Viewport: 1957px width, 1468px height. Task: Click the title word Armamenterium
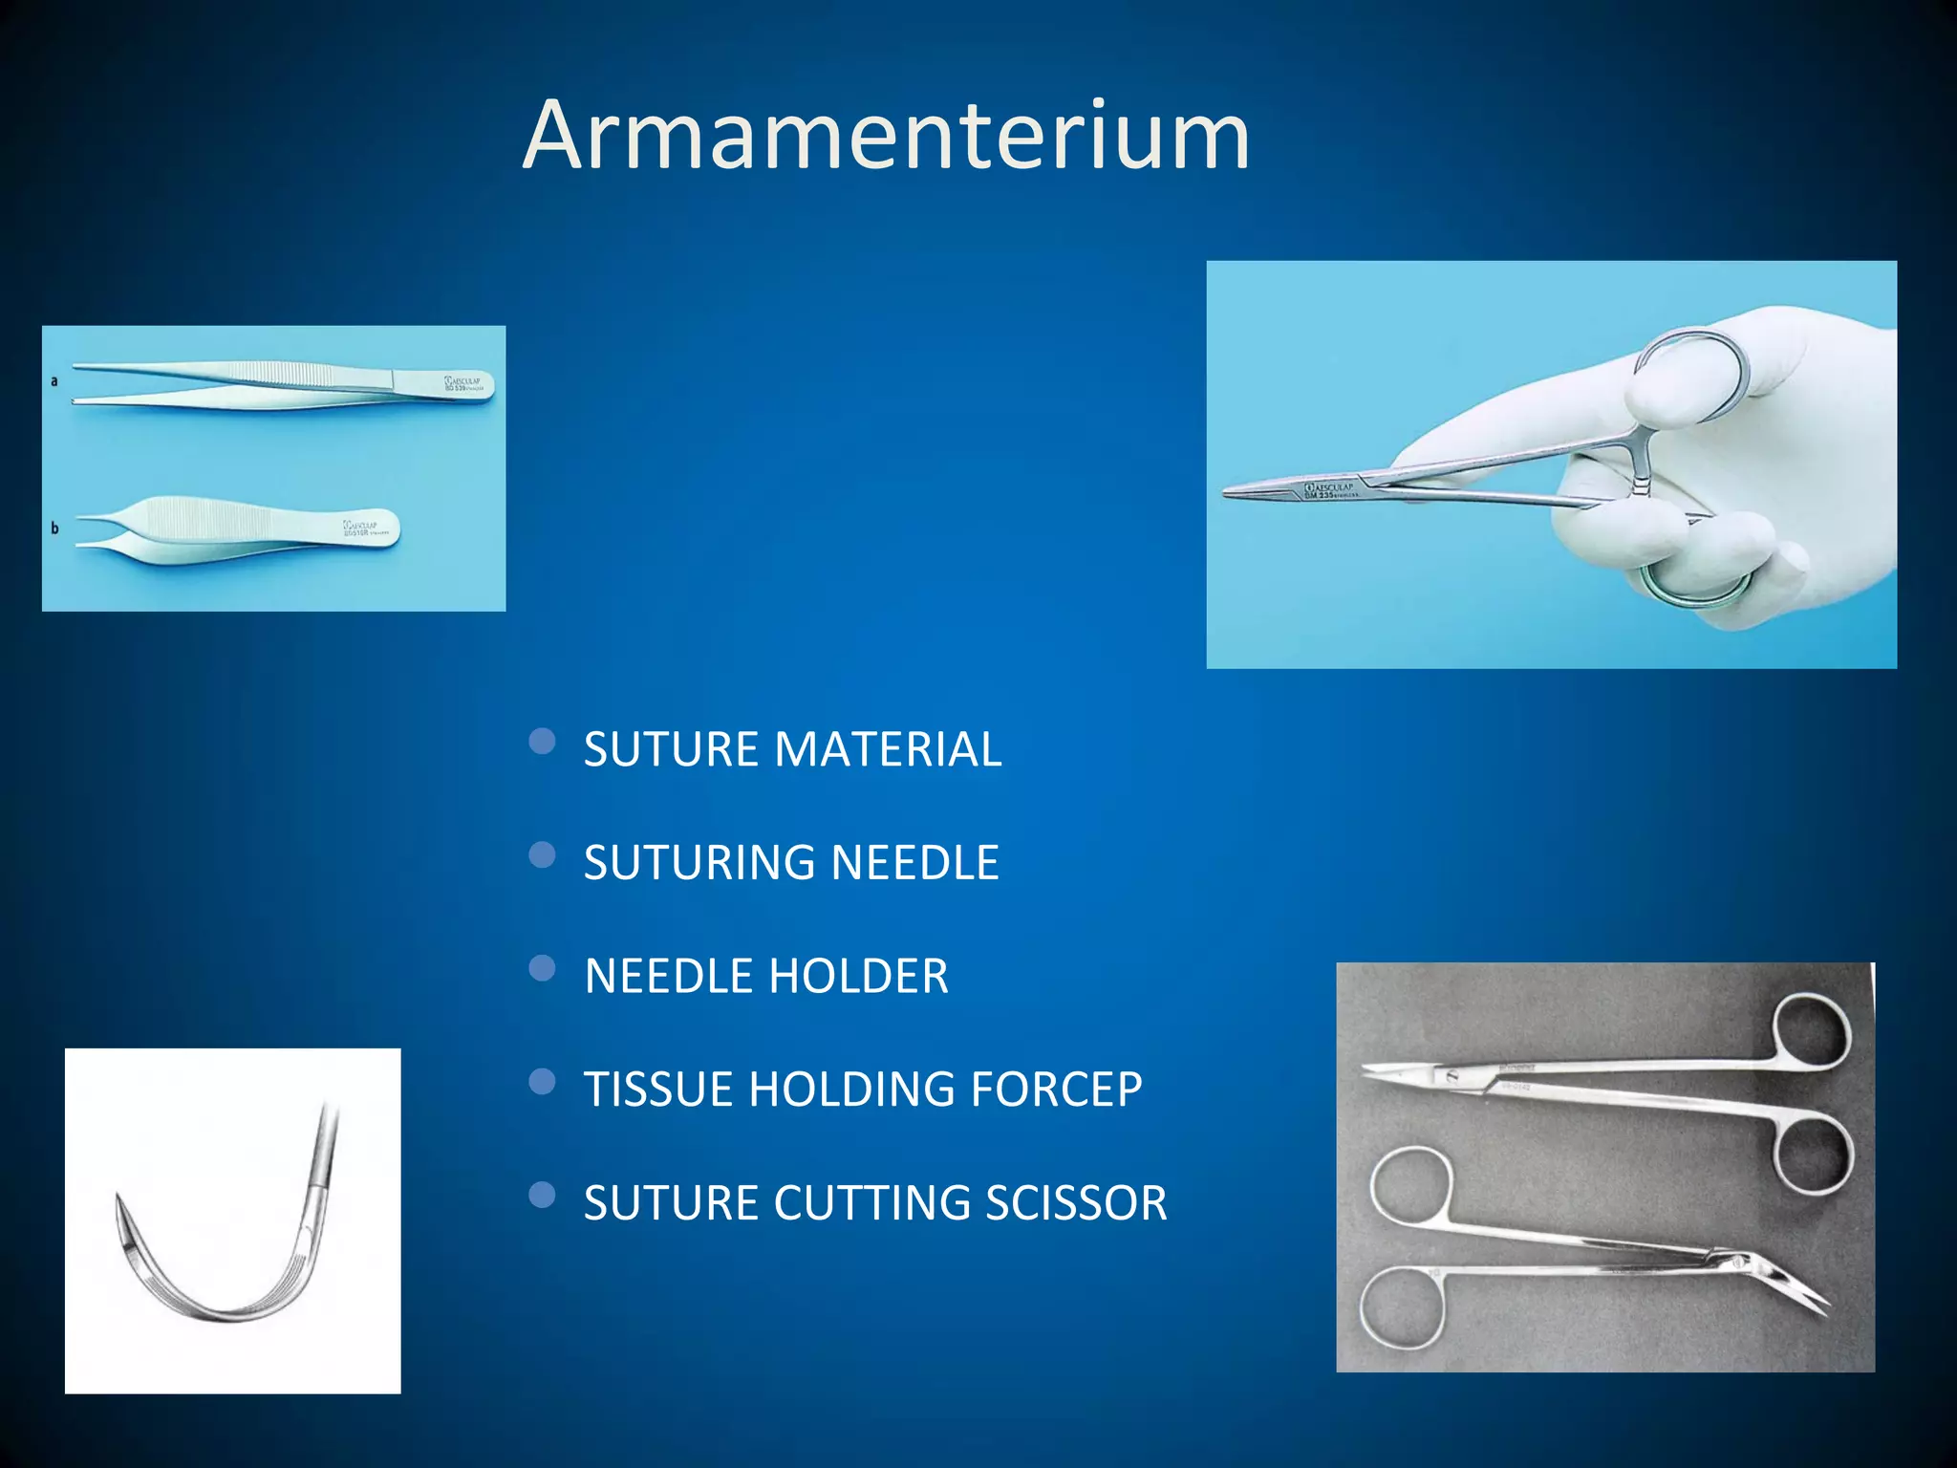pos(886,137)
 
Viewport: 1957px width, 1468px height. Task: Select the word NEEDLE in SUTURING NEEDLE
pos(914,863)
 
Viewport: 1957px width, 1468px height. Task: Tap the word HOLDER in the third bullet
pos(859,977)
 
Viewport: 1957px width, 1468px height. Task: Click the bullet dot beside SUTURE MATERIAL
pos(542,742)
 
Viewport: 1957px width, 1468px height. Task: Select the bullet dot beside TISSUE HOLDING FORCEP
pos(542,1082)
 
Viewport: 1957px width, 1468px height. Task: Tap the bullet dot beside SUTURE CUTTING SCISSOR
pos(542,1196)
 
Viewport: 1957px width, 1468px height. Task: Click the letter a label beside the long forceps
pos(54,380)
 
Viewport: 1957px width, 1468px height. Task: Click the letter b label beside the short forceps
pos(54,528)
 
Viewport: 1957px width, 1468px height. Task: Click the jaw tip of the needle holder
pos(1228,493)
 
